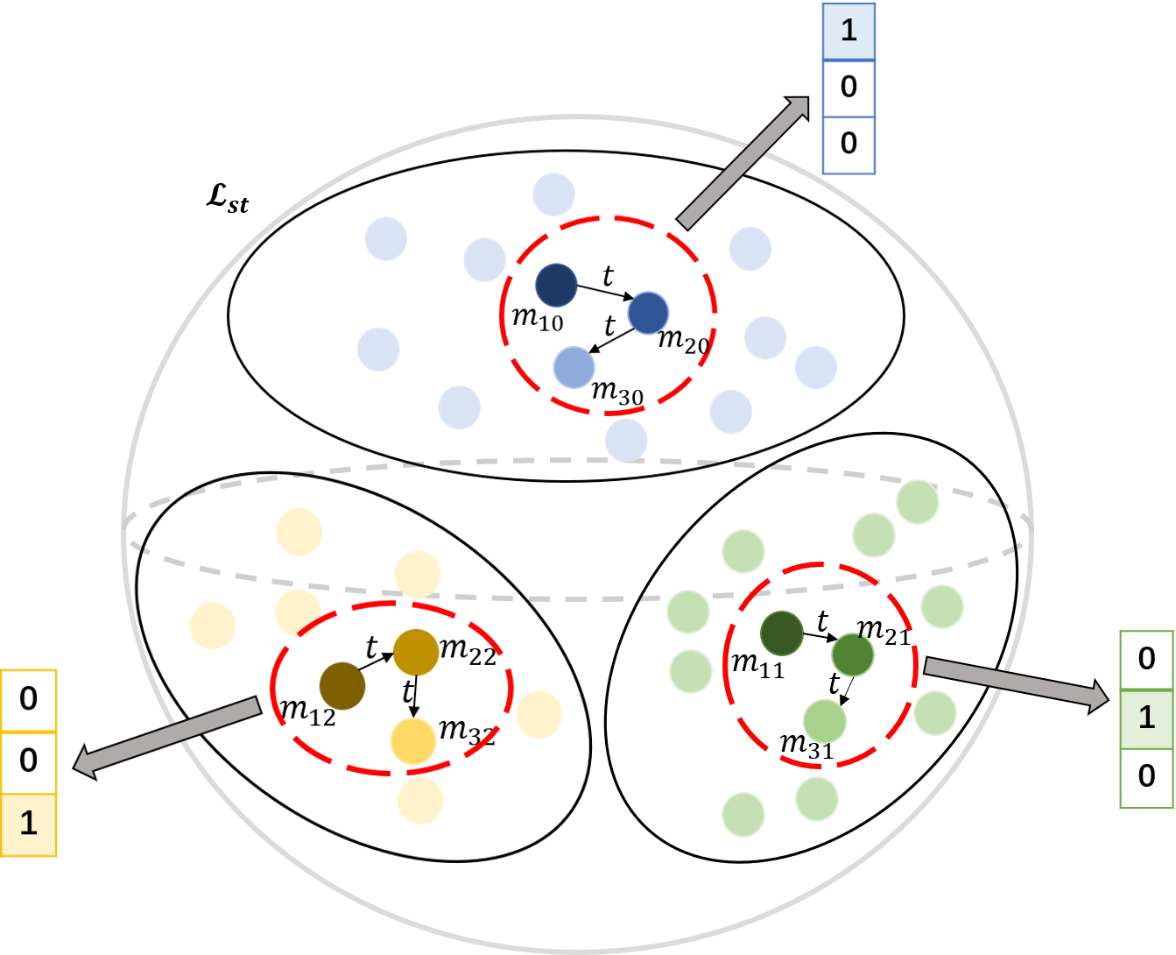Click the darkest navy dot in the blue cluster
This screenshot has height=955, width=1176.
[556, 285]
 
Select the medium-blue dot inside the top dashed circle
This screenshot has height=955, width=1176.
[648, 313]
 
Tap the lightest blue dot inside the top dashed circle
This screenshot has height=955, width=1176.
[574, 367]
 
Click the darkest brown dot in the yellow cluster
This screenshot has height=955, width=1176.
[342, 685]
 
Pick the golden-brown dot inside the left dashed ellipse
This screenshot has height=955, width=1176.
[415, 652]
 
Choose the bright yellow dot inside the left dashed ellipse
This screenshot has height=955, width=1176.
[413, 740]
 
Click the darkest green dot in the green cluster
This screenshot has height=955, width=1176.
[781, 633]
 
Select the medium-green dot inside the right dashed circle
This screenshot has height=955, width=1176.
[852, 654]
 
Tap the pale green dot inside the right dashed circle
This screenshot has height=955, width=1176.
[824, 721]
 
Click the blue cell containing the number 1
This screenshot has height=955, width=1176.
[849, 32]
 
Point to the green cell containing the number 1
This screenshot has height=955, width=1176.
[1146, 718]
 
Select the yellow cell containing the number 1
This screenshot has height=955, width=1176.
[29, 824]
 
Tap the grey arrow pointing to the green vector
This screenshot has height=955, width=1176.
[1016, 683]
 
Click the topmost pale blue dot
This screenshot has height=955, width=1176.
[553, 195]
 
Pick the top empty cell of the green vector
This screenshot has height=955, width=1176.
[1146, 660]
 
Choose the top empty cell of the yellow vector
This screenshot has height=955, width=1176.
[29, 701]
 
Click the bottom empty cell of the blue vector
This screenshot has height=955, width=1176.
[849, 145]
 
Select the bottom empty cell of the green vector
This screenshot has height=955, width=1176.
[1146, 778]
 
